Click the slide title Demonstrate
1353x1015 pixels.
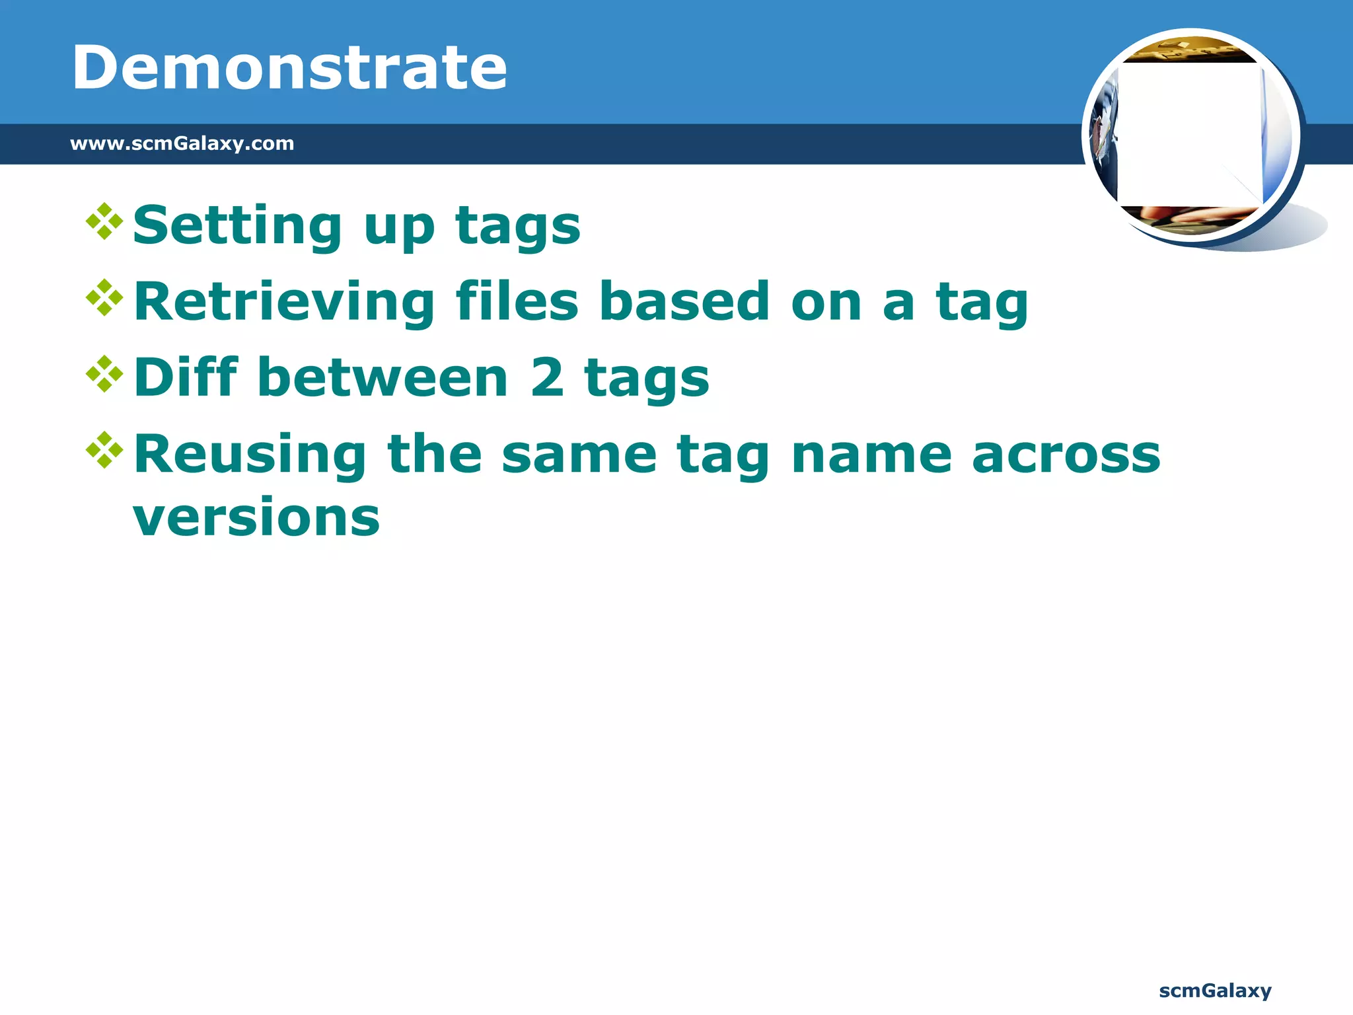289,67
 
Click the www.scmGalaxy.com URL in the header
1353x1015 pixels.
182,143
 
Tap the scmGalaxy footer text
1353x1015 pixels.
1215,991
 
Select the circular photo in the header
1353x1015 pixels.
1191,135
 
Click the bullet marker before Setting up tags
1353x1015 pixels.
104,221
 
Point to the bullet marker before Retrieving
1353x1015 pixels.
104,298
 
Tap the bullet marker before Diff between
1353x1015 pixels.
104,374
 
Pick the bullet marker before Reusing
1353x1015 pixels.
104,450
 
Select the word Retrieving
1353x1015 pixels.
284,303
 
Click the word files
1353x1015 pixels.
517,301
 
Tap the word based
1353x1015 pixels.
684,301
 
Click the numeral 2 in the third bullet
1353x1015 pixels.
547,378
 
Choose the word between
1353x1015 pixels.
383,378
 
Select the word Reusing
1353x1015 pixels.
250,456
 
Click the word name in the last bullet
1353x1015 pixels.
871,456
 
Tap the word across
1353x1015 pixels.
1066,456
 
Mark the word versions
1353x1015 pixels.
256,519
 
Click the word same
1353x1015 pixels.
579,456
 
